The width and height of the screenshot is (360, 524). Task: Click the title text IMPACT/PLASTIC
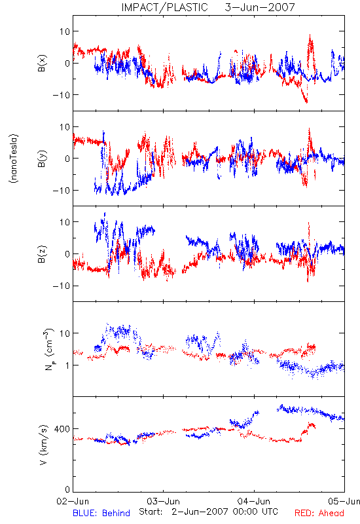pos(164,7)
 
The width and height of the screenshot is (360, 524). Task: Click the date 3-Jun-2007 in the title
pos(260,7)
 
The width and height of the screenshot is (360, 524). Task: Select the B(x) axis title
pos(42,63)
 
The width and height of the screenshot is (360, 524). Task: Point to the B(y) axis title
pos(42,159)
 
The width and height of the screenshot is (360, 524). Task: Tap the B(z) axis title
pos(42,254)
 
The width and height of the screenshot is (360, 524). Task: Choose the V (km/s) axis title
pos(43,445)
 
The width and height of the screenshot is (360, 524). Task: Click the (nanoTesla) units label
pos(14,159)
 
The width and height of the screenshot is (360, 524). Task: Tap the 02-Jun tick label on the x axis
pos(73,501)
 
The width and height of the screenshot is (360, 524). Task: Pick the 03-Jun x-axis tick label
pos(163,501)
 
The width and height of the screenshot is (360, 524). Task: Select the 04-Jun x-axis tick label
pos(254,501)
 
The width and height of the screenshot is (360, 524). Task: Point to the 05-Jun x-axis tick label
pos(344,501)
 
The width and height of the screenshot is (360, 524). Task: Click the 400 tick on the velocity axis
pos(62,429)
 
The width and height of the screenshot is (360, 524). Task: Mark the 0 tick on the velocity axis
pos(67,489)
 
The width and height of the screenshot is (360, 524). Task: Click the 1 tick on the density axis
pos(67,365)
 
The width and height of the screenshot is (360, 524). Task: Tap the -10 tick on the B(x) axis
pos(62,95)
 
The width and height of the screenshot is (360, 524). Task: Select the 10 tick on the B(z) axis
pos(65,222)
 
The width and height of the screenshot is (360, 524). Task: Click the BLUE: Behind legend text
pos(101,513)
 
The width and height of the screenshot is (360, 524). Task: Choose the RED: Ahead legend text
pos(319,513)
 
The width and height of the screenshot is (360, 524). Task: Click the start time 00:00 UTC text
pos(256,512)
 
